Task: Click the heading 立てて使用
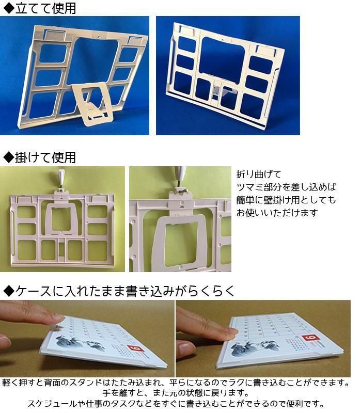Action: [40, 8]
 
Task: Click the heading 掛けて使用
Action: [40, 157]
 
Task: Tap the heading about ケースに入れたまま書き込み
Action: [119, 291]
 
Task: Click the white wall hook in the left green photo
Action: [61, 177]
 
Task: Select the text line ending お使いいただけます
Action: [277, 212]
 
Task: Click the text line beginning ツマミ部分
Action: [286, 187]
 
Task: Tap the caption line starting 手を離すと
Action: [176, 393]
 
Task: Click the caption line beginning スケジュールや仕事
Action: [176, 404]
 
